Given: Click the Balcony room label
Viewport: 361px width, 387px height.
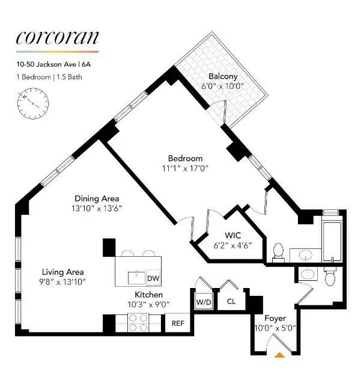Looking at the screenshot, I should pos(223,76).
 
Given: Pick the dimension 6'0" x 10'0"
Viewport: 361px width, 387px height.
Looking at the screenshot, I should pos(223,86).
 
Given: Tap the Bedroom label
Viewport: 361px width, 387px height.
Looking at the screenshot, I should pos(184,158).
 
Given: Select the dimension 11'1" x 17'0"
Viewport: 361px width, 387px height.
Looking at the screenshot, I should pos(184,169).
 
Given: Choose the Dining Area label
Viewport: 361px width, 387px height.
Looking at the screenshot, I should pos(97,199).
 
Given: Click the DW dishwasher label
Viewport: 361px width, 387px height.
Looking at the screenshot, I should pos(153,278).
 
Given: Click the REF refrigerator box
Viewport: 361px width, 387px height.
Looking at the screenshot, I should pos(178,323).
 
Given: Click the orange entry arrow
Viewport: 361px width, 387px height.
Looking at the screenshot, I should pos(279,355).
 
